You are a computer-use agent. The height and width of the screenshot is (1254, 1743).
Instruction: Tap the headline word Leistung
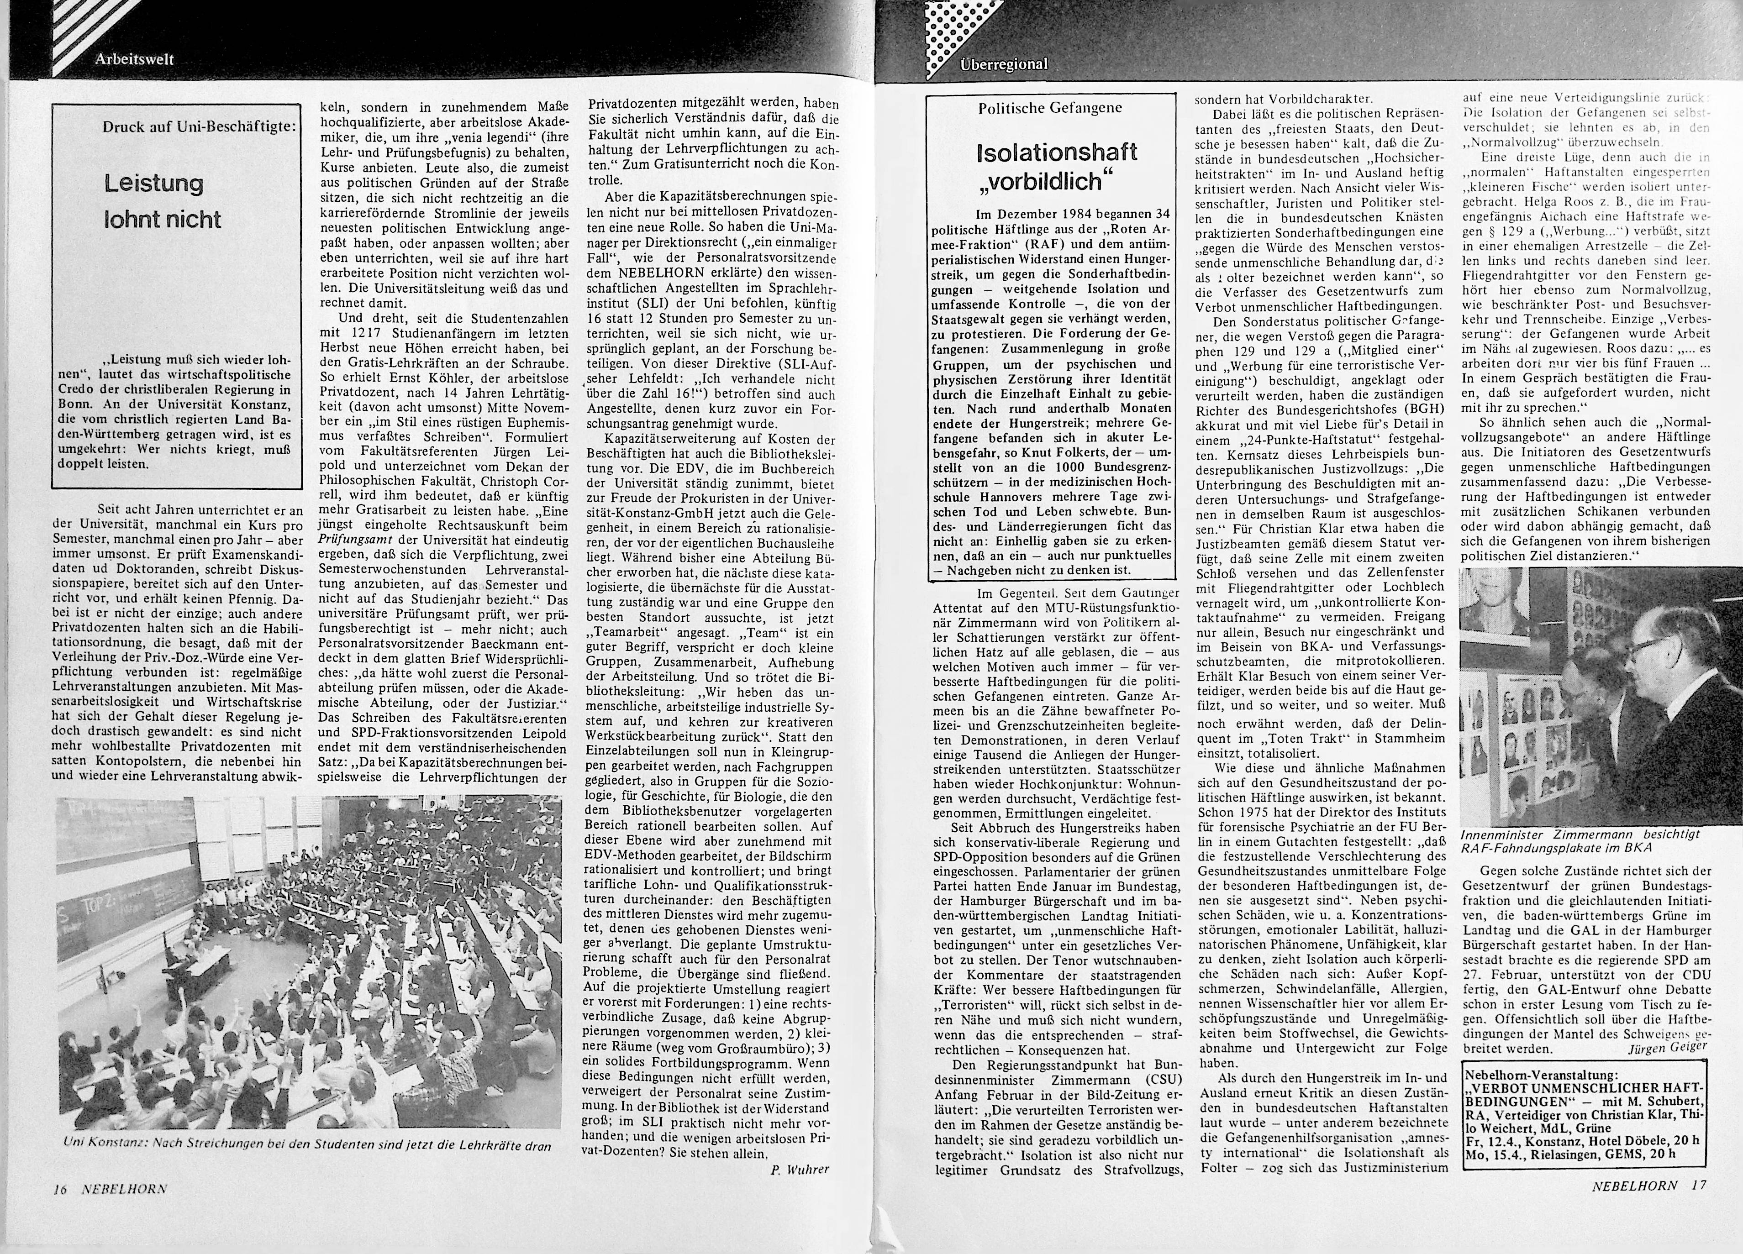point(154,184)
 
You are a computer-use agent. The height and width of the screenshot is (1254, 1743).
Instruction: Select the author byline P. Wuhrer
point(799,1170)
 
